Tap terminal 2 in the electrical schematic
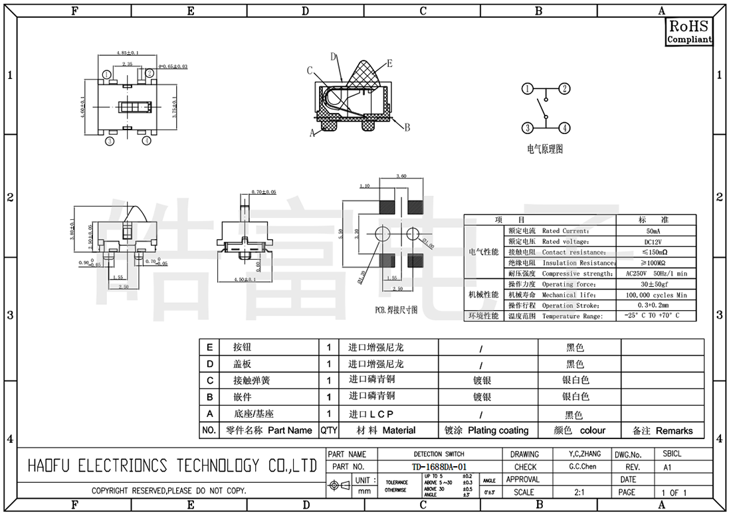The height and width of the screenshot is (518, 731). point(564,88)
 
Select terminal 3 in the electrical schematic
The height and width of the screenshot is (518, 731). point(527,128)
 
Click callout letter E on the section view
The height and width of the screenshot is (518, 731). point(389,63)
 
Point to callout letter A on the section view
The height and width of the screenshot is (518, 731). point(312,133)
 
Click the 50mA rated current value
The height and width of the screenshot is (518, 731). point(656,230)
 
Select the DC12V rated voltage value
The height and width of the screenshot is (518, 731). point(656,241)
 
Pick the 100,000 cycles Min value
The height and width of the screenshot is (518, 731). point(656,294)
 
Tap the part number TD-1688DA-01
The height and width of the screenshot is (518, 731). point(439,467)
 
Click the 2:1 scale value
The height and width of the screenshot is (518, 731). point(579,493)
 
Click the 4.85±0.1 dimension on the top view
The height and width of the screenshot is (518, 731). point(127,52)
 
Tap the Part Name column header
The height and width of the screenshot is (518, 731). point(269,430)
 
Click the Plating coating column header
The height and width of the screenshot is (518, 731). point(486,430)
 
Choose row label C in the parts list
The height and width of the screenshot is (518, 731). point(209,381)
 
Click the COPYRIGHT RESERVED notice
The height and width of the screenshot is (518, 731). point(169,491)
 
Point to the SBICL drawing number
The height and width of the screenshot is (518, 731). point(672,454)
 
